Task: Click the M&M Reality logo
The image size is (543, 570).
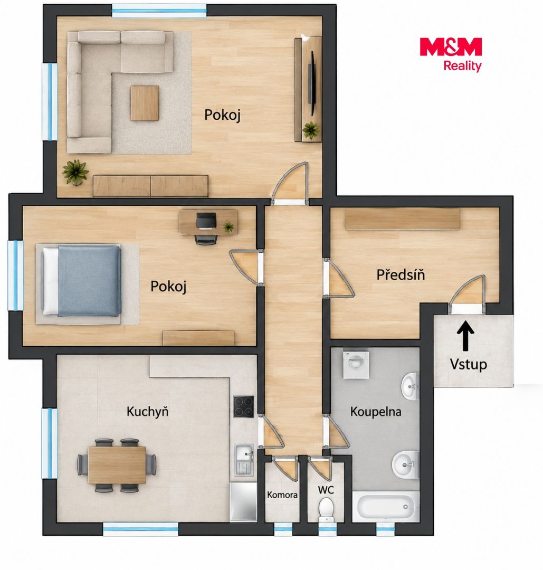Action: (x=451, y=54)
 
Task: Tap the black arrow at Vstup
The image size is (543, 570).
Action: (x=465, y=337)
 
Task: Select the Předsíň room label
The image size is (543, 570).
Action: (x=401, y=275)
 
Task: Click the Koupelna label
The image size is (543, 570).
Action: (x=375, y=412)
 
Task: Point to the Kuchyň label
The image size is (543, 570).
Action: (x=148, y=412)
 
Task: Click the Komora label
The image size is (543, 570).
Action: (x=282, y=495)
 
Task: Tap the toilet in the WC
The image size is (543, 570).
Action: (x=326, y=508)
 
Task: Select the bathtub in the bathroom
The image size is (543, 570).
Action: (x=386, y=506)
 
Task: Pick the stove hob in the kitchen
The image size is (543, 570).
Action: (x=243, y=406)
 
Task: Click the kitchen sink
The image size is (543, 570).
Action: (x=243, y=460)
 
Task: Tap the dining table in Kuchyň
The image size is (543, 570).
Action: (x=117, y=465)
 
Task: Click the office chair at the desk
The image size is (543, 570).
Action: (x=206, y=228)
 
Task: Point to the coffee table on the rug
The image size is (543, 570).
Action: (x=145, y=103)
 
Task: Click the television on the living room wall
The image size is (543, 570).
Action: (x=311, y=83)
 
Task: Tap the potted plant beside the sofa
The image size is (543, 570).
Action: (x=75, y=172)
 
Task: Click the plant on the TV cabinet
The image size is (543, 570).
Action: (x=311, y=130)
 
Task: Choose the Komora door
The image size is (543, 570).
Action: (x=285, y=467)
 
